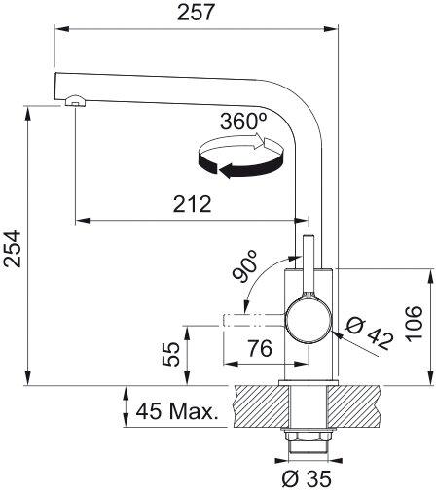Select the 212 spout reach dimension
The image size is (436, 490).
[x=191, y=204]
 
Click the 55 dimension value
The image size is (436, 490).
[x=171, y=354]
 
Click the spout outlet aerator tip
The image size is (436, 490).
[x=74, y=102]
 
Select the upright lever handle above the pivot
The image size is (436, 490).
[x=308, y=264]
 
